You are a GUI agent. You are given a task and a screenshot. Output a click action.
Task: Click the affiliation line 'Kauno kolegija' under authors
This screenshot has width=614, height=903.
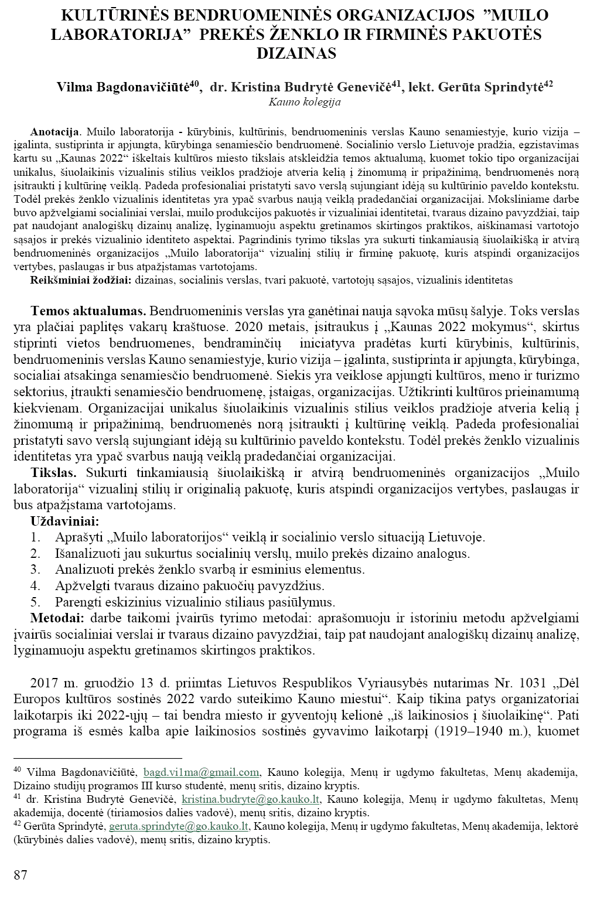tap(304, 102)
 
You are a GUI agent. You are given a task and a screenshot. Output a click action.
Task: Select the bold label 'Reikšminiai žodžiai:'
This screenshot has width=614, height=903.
tap(81, 280)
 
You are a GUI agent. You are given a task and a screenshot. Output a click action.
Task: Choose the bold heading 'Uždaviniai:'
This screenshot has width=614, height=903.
tap(65, 521)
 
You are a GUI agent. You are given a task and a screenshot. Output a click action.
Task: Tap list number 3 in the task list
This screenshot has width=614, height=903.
tap(35, 569)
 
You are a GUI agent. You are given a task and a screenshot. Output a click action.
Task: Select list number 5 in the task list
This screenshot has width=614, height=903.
tap(35, 602)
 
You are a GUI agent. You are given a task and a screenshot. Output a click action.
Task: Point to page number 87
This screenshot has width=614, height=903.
tap(21, 875)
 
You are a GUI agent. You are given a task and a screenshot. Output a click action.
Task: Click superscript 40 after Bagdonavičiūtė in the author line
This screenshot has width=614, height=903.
tap(197, 84)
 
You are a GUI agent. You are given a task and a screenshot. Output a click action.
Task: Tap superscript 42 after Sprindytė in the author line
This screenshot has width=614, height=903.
tap(548, 84)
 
